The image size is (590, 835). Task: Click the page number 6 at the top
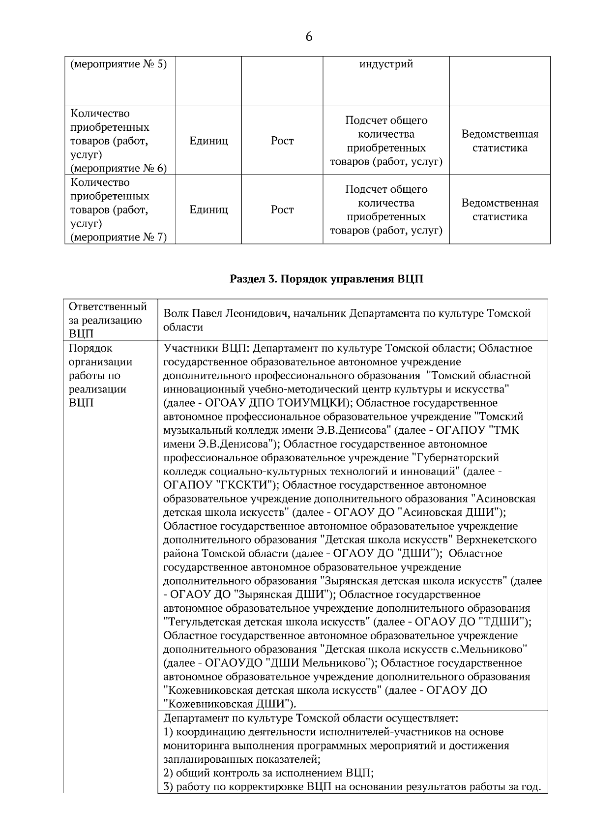pos(309,37)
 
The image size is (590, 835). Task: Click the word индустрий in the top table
pos(386,64)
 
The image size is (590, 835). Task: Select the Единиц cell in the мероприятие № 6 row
pos(208,141)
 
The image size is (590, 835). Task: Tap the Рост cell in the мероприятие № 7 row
pos(282,210)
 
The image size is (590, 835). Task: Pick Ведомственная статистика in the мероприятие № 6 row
pos(500,141)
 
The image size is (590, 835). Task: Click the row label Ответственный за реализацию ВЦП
pos(108,320)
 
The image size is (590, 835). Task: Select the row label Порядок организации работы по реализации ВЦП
pos(101,376)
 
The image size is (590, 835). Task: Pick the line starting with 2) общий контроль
pos(268,773)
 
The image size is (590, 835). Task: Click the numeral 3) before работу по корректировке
pos(169,786)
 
